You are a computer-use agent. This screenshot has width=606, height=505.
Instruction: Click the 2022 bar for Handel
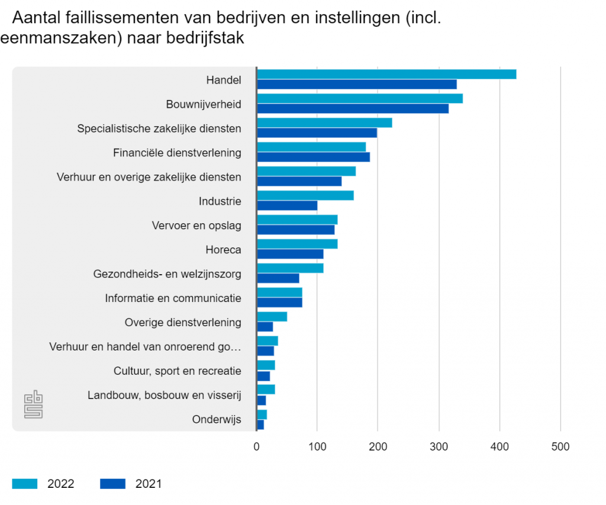point(386,74)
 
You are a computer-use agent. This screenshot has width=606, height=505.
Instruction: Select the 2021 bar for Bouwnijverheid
point(353,108)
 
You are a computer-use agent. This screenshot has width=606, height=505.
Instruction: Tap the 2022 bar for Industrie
point(305,195)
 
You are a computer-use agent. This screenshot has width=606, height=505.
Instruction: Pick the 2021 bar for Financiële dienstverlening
point(314,157)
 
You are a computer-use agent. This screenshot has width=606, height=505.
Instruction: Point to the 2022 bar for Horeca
point(297,244)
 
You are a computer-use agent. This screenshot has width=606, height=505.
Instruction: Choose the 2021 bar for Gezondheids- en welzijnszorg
point(278,278)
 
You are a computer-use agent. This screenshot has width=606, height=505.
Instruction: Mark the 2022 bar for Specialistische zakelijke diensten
point(324,123)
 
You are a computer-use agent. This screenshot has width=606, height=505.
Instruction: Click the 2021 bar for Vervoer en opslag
point(296,230)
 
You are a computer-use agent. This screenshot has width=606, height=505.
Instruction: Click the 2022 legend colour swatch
point(25,484)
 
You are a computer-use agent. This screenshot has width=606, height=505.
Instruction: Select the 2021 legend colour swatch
point(113,484)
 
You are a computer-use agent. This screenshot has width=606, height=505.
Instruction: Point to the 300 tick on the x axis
point(439,446)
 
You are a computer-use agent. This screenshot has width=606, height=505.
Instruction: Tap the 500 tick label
point(560,446)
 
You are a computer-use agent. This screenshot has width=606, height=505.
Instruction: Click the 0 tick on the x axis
point(257,446)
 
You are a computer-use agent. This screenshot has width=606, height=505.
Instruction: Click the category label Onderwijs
point(217,420)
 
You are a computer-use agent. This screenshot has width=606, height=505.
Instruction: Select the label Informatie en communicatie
point(173,298)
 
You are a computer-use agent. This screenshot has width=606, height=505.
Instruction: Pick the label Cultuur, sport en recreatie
point(178,371)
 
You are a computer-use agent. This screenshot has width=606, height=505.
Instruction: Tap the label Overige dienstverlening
point(183,323)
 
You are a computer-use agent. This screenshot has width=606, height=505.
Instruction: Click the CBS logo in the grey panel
point(34,404)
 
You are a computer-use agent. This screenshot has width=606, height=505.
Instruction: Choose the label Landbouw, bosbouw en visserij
point(165,395)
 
